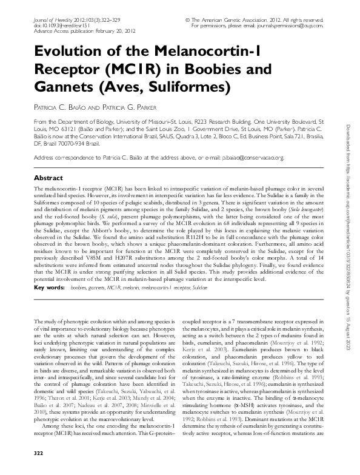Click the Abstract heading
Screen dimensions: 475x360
click(48, 178)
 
